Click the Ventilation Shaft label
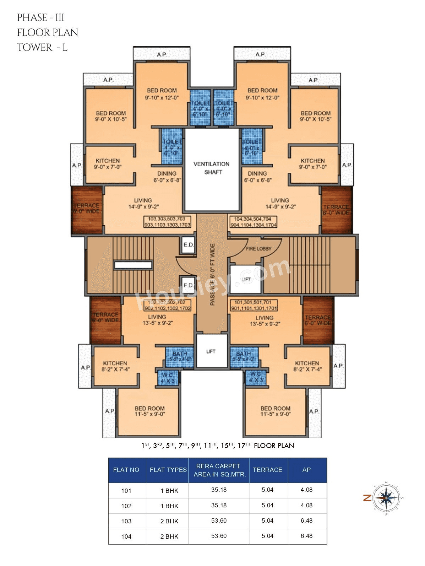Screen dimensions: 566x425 click(212, 168)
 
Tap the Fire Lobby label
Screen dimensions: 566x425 click(258, 249)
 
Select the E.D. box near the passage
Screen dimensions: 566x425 click(188, 245)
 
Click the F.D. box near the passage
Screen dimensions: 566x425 click(188, 285)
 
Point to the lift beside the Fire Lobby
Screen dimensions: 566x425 click(246, 279)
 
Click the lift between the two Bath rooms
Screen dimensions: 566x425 click(211, 351)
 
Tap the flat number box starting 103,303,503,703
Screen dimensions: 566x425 click(167, 222)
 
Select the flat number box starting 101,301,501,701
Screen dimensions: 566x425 click(254, 305)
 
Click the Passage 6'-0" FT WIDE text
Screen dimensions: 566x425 click(212, 274)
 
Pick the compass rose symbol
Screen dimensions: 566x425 click(386, 498)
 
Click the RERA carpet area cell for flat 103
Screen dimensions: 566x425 click(219, 521)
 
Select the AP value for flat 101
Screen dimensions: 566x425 click(306, 490)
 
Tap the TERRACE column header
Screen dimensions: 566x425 click(267, 470)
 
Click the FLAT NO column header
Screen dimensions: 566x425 click(126, 470)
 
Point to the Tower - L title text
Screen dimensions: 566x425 click(42, 47)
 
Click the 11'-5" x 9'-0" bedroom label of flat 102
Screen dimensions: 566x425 click(149, 411)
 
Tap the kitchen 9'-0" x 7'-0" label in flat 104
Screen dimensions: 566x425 click(312, 164)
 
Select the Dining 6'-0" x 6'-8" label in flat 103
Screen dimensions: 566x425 click(167, 177)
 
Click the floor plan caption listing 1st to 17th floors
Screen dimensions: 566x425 click(218, 446)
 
